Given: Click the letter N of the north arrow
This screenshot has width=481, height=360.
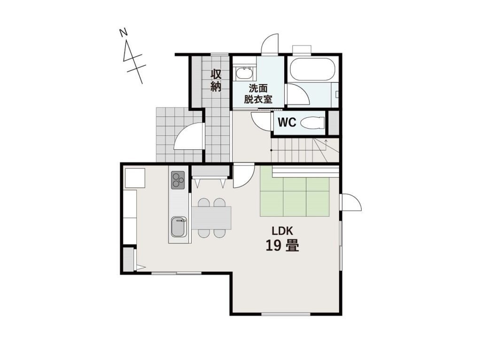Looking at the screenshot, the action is click(124, 32).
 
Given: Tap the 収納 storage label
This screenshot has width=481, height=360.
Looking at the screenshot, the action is click(216, 81).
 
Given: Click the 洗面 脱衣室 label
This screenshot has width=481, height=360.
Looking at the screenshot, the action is click(258, 94).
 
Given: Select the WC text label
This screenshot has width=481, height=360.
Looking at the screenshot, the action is click(287, 123).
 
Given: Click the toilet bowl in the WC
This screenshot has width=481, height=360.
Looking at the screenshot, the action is click(312, 123).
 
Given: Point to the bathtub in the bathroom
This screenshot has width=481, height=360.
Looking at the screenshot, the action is click(312, 69).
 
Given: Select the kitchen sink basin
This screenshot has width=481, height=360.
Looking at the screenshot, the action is click(178, 227).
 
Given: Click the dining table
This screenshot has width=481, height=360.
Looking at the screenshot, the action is click(211, 218).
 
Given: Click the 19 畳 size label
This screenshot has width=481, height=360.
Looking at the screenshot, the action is click(282, 245).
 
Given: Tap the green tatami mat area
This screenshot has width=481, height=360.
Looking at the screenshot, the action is click(295, 197).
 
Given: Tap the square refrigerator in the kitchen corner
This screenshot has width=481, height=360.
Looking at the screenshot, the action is click(134, 178).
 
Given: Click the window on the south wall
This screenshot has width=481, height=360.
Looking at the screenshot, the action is click(286, 314).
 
